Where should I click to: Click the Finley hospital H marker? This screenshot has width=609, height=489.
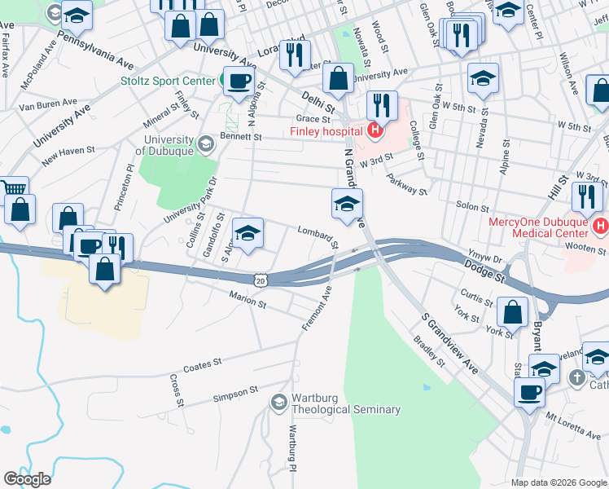tap(375, 130)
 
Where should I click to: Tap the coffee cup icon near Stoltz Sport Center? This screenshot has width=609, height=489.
tap(239, 81)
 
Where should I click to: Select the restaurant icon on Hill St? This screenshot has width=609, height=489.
tap(586, 196)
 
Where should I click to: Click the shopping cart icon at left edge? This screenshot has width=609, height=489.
tap(14, 189)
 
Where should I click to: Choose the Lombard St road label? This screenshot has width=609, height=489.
tap(318, 237)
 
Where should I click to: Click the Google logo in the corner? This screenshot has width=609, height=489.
tap(27, 478)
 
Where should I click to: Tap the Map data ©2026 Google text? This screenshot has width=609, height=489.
tap(558, 482)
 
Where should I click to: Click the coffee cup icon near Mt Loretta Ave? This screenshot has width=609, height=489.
tap(529, 391)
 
